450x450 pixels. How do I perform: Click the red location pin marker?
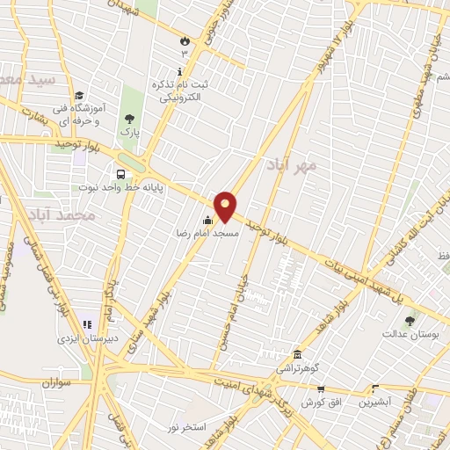tap(225, 206)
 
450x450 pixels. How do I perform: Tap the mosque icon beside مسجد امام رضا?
tap(207, 221)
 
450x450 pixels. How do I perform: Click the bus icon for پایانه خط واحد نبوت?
tap(119, 174)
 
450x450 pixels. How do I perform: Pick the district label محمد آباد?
tap(62, 214)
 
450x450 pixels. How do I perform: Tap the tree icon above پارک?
tap(130, 119)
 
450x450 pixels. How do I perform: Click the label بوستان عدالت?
tap(407, 334)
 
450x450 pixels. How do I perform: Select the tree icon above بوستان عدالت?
tap(409, 319)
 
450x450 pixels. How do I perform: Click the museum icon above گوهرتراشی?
tap(297, 354)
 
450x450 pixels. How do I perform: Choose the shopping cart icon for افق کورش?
tap(321, 388)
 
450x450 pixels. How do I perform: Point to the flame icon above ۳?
tap(184, 40)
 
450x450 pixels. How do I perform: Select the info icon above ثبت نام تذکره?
tap(180, 70)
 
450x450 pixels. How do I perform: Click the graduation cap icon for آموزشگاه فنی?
tap(78, 96)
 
